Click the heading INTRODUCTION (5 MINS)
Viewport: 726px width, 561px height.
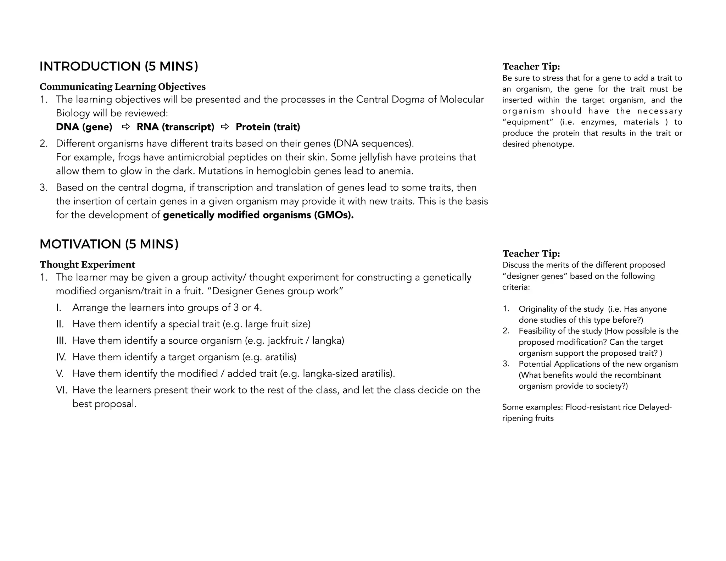[119, 66]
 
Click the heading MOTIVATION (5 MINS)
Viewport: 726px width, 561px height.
[109, 244]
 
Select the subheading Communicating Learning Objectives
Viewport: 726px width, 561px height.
[122, 87]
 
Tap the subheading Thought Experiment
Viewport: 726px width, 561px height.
[87, 264]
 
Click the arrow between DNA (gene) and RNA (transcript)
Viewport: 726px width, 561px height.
[125, 127]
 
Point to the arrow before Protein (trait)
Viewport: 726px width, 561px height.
[225, 127]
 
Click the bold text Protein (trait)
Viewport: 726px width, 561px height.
[268, 127]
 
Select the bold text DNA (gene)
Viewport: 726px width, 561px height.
[84, 127]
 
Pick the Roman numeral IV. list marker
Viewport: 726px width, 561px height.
[61, 357]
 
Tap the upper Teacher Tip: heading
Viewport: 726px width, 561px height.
[531, 66]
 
